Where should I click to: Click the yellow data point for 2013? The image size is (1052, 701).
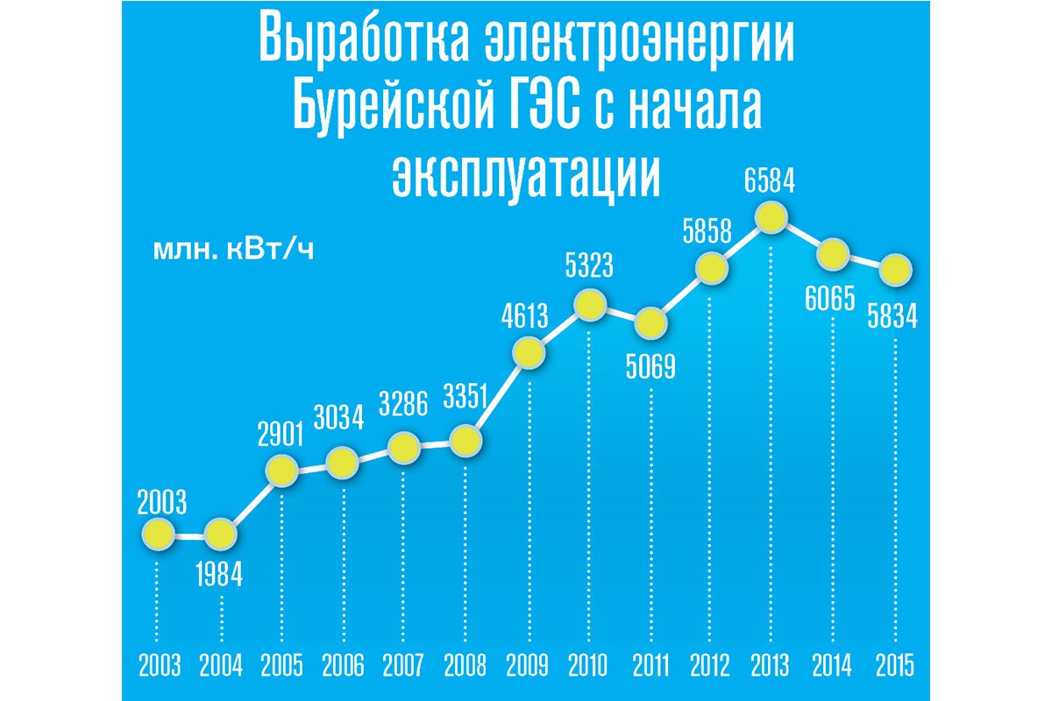click(x=770, y=217)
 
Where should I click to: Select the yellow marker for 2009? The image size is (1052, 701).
click(x=529, y=353)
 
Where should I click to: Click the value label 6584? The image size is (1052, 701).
click(x=771, y=184)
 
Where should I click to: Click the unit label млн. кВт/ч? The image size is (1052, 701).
click(x=233, y=251)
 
